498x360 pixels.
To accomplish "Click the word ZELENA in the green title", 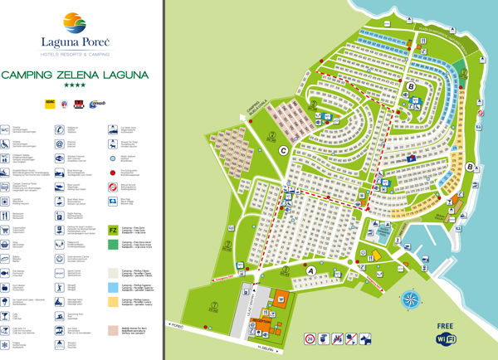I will point(87,75).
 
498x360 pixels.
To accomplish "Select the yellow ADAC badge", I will point(50,103).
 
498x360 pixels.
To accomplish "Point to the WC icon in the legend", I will point(6,130).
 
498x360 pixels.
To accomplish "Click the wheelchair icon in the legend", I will point(6,143).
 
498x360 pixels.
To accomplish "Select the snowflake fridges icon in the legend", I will point(6,344).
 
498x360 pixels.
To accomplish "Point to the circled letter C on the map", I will point(284,150).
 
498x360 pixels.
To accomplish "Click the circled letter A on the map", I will point(311,270).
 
